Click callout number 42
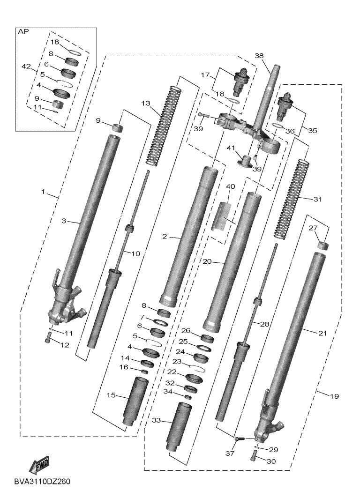click(x=26, y=67)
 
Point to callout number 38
click(x=259, y=55)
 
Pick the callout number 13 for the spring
click(x=145, y=104)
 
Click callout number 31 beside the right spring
click(x=318, y=199)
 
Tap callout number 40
click(x=230, y=186)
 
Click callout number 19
click(x=333, y=396)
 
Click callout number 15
click(x=111, y=396)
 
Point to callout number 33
click(x=156, y=421)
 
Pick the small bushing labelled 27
click(x=322, y=245)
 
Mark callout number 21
click(x=322, y=334)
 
